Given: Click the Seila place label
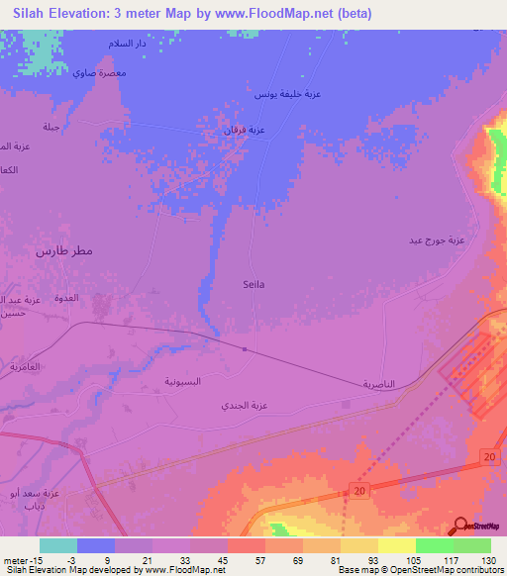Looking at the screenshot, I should pos(253,283).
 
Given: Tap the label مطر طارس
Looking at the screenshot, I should pos(64,250).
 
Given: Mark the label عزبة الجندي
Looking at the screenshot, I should pos(246,406).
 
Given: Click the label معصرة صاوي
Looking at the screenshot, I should pos(98,74).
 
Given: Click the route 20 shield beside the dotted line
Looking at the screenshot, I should pos(361,491).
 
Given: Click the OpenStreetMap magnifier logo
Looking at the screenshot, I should pos(461,526).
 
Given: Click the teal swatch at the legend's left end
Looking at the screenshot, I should pos(57,545).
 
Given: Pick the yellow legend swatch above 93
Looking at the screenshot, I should pos(358,545).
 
